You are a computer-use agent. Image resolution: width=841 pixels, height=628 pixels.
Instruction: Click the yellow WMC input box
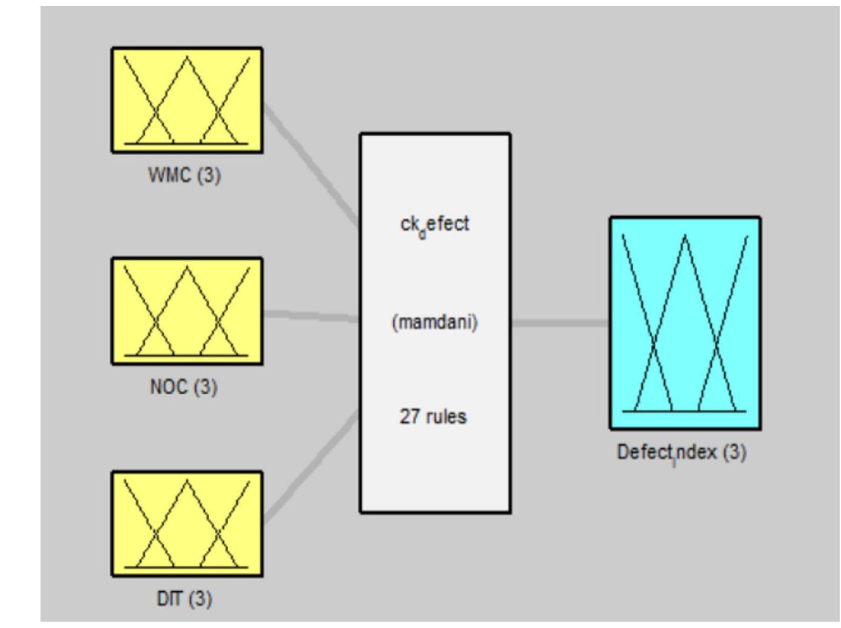tap(187, 100)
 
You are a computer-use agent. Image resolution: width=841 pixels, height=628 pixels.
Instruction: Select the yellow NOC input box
tap(187, 311)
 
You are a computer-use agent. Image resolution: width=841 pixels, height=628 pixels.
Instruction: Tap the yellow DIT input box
tap(187, 524)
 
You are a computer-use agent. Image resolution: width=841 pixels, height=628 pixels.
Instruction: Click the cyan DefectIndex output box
tap(685, 323)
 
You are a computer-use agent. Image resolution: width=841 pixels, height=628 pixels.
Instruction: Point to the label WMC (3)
tap(184, 175)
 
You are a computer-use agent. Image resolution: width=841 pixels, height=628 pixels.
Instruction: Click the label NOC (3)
tap(184, 387)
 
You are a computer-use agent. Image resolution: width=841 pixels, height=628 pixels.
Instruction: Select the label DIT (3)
tap(184, 599)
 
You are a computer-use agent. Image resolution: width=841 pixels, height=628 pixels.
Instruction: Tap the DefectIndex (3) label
tap(681, 453)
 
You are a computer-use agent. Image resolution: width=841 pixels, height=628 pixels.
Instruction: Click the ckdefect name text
tap(434, 224)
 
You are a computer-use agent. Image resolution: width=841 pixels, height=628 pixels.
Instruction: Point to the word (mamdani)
tap(434, 322)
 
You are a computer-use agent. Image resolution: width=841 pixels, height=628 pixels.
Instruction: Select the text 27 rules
tap(433, 416)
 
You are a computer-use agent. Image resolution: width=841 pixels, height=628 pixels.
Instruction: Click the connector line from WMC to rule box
tap(312, 165)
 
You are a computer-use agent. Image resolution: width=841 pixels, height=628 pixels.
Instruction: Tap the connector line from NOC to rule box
tap(312, 316)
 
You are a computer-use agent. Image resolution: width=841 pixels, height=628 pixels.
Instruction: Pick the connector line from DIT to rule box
tap(312, 466)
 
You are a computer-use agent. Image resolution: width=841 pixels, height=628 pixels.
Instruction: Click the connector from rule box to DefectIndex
tap(560, 323)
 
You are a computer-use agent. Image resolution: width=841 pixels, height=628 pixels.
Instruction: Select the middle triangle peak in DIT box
tap(187, 481)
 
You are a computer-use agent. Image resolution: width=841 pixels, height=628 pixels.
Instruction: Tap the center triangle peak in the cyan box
tap(685, 236)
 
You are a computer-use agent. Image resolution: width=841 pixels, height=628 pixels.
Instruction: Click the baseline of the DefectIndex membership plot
tap(685, 411)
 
